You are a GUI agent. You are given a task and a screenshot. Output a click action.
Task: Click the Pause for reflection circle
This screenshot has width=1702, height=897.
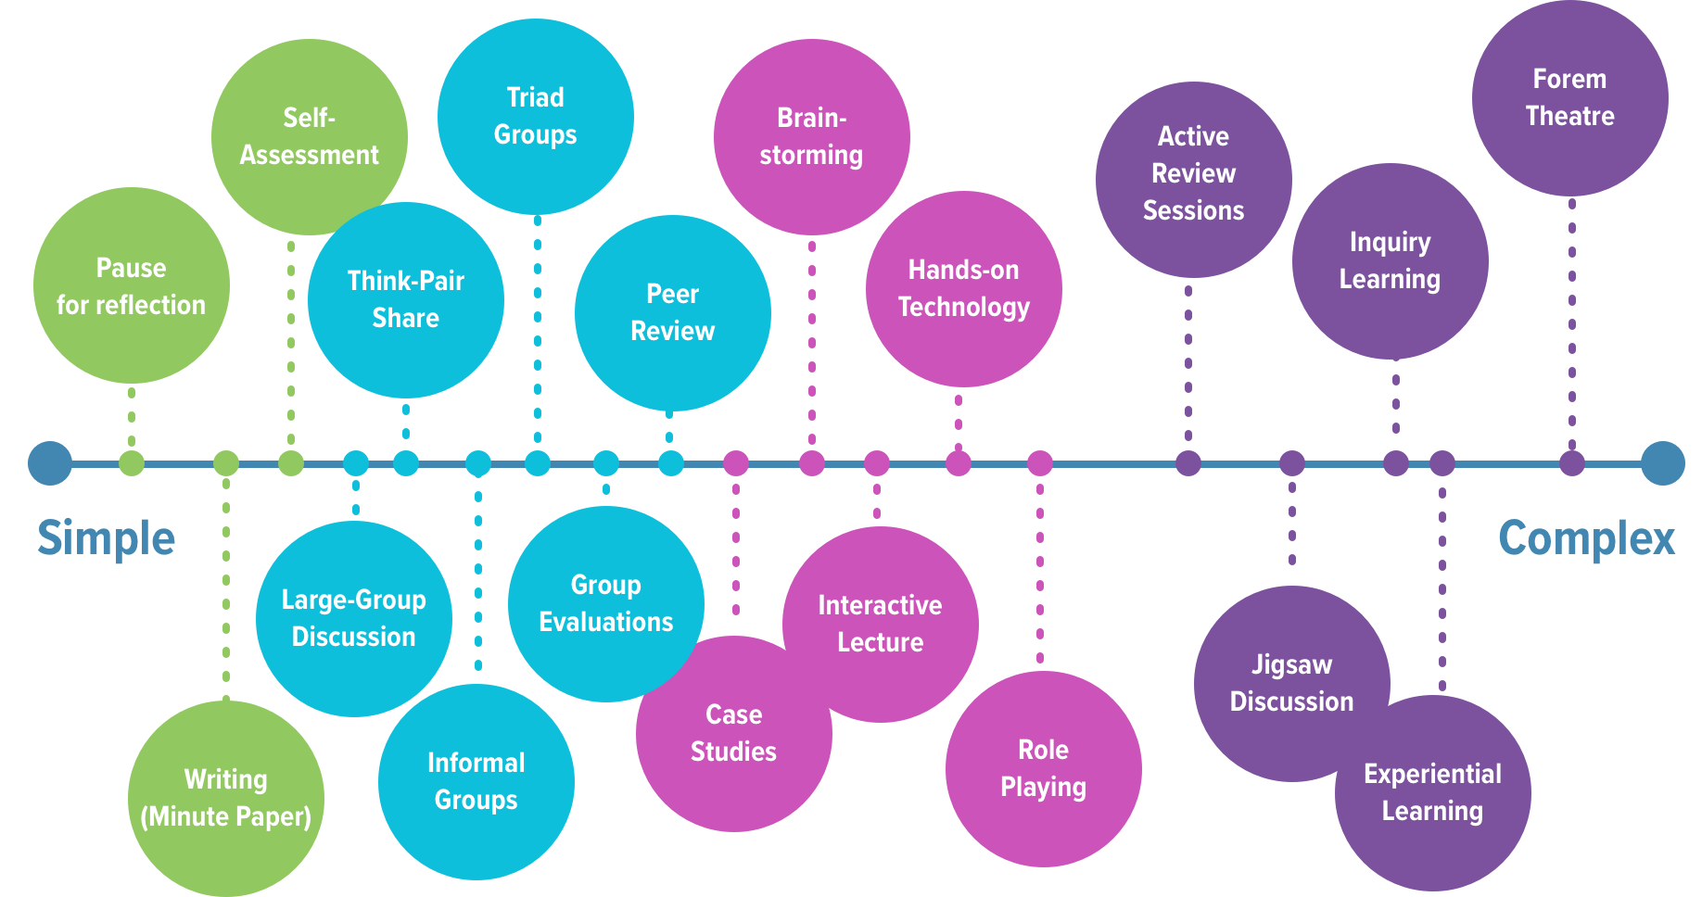131,285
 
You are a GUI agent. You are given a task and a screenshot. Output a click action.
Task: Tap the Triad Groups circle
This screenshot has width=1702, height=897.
535,116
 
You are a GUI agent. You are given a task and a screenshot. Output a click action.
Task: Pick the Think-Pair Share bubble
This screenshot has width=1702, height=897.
405,299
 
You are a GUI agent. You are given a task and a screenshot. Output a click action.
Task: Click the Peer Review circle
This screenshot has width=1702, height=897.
672,312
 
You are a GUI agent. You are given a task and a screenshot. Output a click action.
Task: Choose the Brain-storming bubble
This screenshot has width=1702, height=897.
811,136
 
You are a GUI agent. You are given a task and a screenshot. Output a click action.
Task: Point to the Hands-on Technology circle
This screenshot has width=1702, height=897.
963,288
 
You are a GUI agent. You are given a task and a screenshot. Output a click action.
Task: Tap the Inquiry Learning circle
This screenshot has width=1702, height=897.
1390,260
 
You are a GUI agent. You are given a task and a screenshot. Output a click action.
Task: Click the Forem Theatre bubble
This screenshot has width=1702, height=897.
1569,97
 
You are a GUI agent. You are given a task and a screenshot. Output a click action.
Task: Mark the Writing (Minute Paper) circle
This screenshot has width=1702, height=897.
225,798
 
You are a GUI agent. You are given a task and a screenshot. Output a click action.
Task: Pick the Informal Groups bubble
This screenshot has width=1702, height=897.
476,781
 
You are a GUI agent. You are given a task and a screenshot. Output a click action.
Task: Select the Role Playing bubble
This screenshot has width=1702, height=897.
1043,768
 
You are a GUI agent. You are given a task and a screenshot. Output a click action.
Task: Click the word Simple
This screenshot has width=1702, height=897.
106,538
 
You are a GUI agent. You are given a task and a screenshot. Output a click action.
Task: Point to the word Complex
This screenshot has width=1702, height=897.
1586,538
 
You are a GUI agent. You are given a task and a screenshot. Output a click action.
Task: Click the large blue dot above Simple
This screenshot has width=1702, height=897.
50,463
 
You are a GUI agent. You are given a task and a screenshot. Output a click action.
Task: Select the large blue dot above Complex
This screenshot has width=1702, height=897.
1662,463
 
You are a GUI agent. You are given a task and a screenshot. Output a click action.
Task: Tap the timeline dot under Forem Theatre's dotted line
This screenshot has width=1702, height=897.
1571,463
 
